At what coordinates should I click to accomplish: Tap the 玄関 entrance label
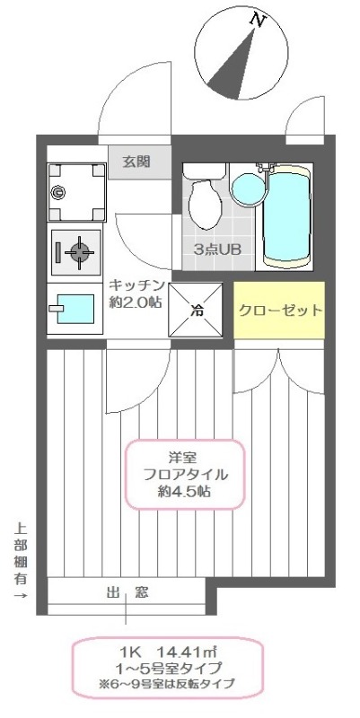pos(136,162)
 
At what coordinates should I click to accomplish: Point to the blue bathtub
pos(286,215)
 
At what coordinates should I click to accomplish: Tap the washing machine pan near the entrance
pos(73,191)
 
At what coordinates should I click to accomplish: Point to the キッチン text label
pos(136,285)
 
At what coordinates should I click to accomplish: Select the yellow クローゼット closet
pos(279,311)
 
